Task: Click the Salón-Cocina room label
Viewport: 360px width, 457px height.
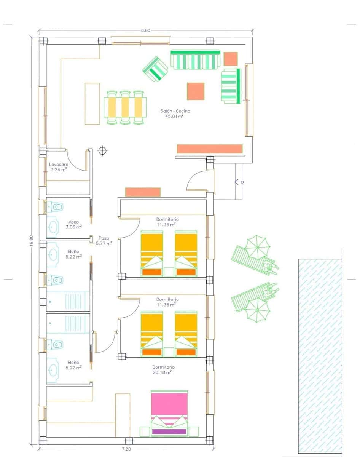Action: (x=175, y=113)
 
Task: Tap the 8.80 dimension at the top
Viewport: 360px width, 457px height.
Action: (x=145, y=30)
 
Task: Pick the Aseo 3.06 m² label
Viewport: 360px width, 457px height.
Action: (x=74, y=224)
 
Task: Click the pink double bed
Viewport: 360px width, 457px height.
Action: (x=169, y=411)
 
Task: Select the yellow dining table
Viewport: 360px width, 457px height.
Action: (x=125, y=107)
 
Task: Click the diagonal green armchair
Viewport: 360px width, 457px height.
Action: (x=155, y=69)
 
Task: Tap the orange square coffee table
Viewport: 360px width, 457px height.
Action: (x=196, y=91)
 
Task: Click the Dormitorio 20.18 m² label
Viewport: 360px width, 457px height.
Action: (x=163, y=369)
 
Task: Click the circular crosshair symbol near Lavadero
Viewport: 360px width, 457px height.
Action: (x=102, y=151)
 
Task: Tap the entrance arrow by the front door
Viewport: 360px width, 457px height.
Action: (x=239, y=182)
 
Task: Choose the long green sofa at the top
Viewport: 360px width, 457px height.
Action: (x=195, y=59)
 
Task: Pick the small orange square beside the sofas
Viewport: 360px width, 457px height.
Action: (x=231, y=59)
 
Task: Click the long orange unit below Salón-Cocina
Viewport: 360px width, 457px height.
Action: (x=210, y=149)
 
